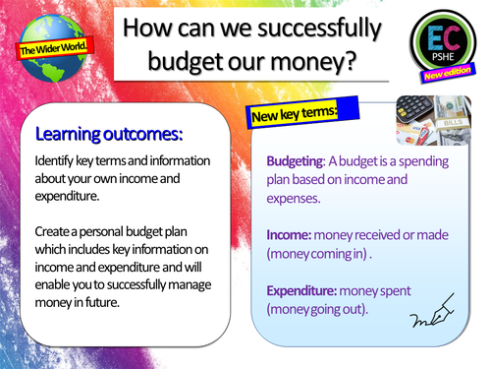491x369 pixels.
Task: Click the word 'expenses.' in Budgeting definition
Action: click(296, 200)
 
